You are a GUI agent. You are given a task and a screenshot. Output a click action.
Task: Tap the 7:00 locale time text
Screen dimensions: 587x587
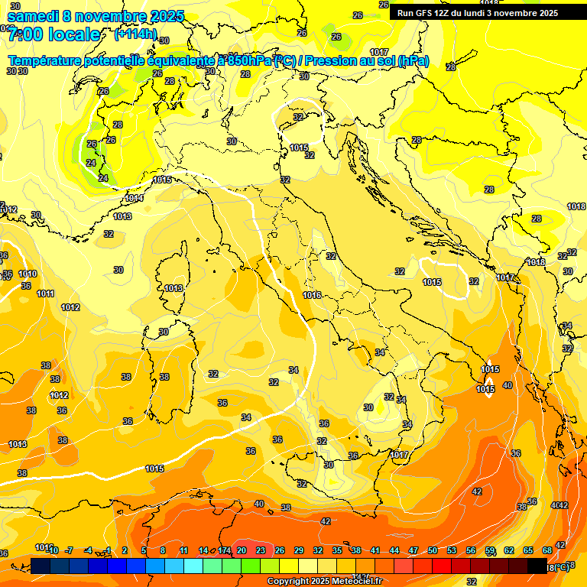[x=54, y=34]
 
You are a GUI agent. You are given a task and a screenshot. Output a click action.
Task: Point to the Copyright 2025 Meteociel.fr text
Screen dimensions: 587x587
[x=324, y=581]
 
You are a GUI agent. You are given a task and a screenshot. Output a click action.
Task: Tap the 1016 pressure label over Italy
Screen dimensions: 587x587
[x=311, y=295]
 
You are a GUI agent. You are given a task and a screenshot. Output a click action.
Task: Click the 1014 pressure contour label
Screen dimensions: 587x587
[x=134, y=198]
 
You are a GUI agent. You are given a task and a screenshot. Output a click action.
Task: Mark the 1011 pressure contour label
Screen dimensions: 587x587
[x=46, y=293]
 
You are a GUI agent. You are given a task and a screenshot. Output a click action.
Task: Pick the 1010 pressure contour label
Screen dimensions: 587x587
[x=28, y=274]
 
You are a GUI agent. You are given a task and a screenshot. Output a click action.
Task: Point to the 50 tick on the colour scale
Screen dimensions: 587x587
[x=433, y=550]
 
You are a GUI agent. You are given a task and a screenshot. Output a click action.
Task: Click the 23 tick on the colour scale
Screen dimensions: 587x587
[x=261, y=550]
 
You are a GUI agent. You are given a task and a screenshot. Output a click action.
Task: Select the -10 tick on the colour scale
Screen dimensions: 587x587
[x=52, y=550]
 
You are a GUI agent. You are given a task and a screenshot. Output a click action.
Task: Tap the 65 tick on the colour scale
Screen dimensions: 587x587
[x=528, y=550]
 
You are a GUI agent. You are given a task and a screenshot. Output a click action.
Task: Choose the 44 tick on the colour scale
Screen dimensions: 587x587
[x=394, y=550]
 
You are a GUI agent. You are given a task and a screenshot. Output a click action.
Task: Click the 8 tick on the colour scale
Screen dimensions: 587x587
[x=163, y=550]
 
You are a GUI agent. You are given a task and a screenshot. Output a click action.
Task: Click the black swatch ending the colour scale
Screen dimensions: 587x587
[x=537, y=566]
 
